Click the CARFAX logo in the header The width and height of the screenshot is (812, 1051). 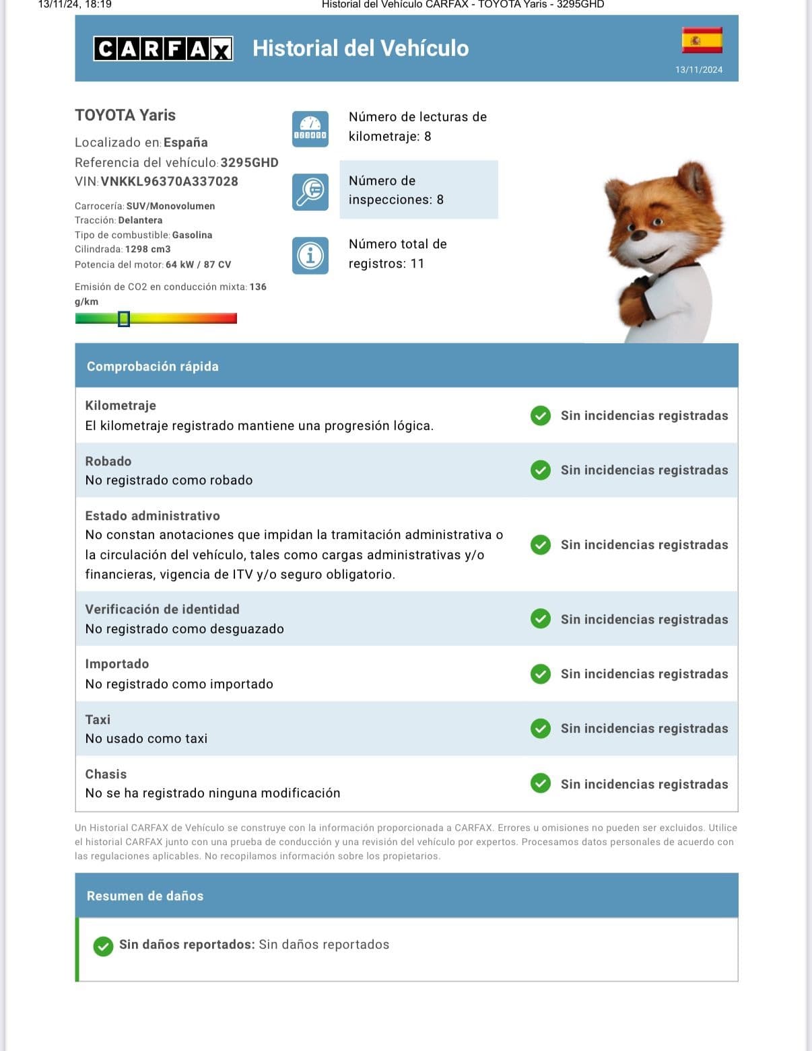(164, 48)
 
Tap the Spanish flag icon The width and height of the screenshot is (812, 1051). (702, 40)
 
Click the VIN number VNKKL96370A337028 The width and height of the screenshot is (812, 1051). (169, 181)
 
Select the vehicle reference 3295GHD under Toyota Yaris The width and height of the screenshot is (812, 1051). (249, 162)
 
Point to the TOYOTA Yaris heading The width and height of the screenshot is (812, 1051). (125, 115)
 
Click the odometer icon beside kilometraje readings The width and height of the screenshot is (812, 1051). (310, 129)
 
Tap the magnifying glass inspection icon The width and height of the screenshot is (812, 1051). (310, 192)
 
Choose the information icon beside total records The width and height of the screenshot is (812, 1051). (310, 256)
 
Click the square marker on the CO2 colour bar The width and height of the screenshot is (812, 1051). (124, 319)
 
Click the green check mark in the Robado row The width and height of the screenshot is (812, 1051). (541, 470)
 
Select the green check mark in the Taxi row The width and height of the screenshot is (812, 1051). (541, 729)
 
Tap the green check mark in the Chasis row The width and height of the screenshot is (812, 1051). (541, 784)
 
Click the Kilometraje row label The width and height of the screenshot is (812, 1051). (121, 405)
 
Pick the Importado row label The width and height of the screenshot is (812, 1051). (117, 663)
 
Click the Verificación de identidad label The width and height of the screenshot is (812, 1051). (162, 609)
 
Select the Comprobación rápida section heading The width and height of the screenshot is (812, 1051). (153, 367)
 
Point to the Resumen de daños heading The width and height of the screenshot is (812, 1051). (145, 896)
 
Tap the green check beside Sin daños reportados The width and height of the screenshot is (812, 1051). (103, 946)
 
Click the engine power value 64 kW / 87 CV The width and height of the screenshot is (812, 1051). (198, 264)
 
